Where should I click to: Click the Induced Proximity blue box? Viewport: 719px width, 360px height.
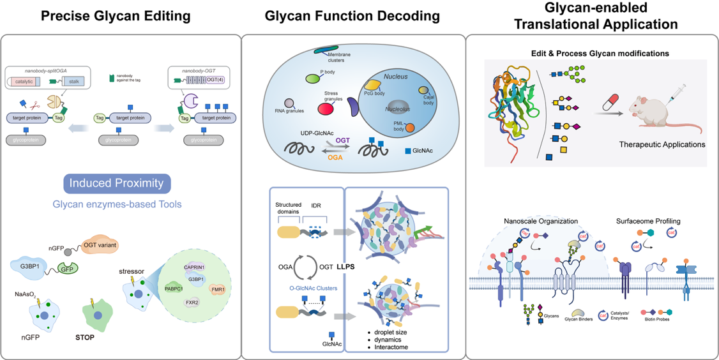[x=117, y=184]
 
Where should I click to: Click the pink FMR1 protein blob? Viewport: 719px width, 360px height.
[x=218, y=289]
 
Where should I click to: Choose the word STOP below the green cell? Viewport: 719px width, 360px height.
[x=84, y=337]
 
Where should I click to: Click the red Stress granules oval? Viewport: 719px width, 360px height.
[x=326, y=109]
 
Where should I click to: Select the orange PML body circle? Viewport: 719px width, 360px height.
[x=410, y=128]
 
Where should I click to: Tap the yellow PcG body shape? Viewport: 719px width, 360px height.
[x=372, y=84]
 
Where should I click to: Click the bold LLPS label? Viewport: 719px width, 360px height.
[x=345, y=266]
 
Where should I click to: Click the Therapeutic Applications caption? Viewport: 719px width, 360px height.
[x=662, y=144]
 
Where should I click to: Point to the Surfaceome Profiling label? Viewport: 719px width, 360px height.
[x=648, y=221]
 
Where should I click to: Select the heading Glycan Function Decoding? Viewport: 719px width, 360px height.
[x=352, y=16]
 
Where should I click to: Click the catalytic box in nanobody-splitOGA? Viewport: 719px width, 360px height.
[x=26, y=82]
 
